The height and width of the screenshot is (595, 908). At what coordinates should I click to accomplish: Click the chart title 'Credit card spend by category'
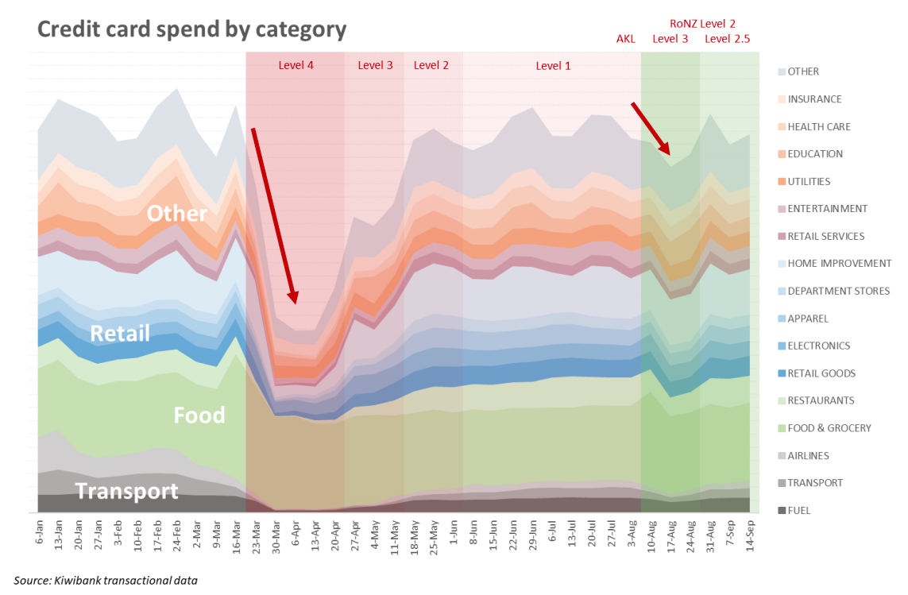point(191,29)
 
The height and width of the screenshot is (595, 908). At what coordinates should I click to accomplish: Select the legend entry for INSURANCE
point(813,99)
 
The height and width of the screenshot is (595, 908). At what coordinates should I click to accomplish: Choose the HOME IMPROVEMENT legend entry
point(838,263)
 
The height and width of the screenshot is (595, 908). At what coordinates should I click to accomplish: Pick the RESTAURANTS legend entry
point(820,400)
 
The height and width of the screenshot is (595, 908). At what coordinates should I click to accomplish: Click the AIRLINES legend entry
point(807,455)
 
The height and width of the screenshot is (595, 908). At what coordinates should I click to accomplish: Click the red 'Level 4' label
point(296,65)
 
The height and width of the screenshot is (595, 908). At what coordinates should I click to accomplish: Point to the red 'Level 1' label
point(553,65)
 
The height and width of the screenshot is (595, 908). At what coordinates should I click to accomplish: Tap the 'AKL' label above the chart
point(626,38)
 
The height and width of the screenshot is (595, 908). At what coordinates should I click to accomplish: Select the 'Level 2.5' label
point(727,38)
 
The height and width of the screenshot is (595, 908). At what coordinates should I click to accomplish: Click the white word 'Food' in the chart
point(199,415)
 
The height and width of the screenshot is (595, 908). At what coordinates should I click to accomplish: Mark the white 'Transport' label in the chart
point(127,491)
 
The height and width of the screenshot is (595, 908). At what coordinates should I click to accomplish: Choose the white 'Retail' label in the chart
point(120,333)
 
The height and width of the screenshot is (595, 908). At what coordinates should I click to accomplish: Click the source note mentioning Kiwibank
point(106,580)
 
